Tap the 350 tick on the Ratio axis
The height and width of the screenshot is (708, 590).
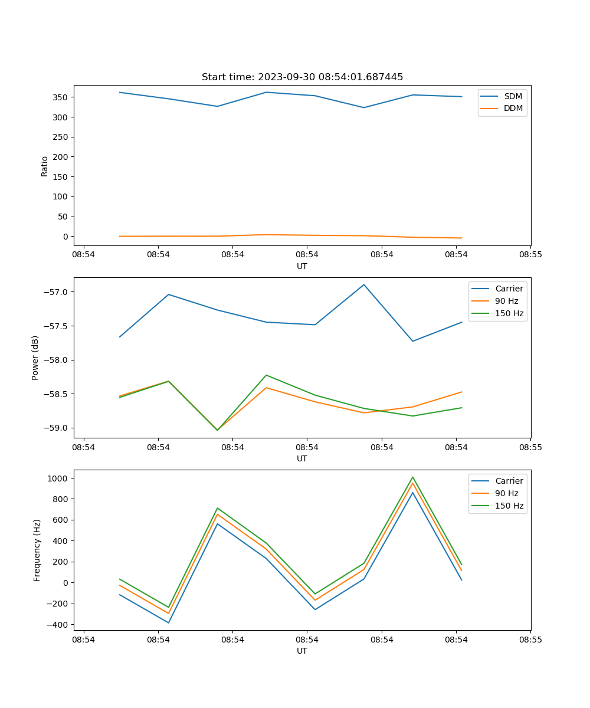point(63,97)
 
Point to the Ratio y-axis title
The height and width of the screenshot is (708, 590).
point(45,166)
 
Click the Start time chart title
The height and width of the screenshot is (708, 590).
point(302,77)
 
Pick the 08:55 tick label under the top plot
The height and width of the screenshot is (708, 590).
point(530,254)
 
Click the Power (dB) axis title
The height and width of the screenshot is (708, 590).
point(35,358)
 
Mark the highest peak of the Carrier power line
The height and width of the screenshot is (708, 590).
point(364,284)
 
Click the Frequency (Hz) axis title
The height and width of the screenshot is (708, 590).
point(37,550)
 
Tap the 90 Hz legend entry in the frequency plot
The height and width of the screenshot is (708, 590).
point(507,493)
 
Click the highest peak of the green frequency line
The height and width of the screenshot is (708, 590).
point(412,477)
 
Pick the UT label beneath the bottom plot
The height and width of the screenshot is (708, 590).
point(302,651)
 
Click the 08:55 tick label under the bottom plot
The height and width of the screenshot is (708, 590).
point(530,639)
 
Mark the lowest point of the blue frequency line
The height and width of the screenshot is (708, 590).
point(169,622)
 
